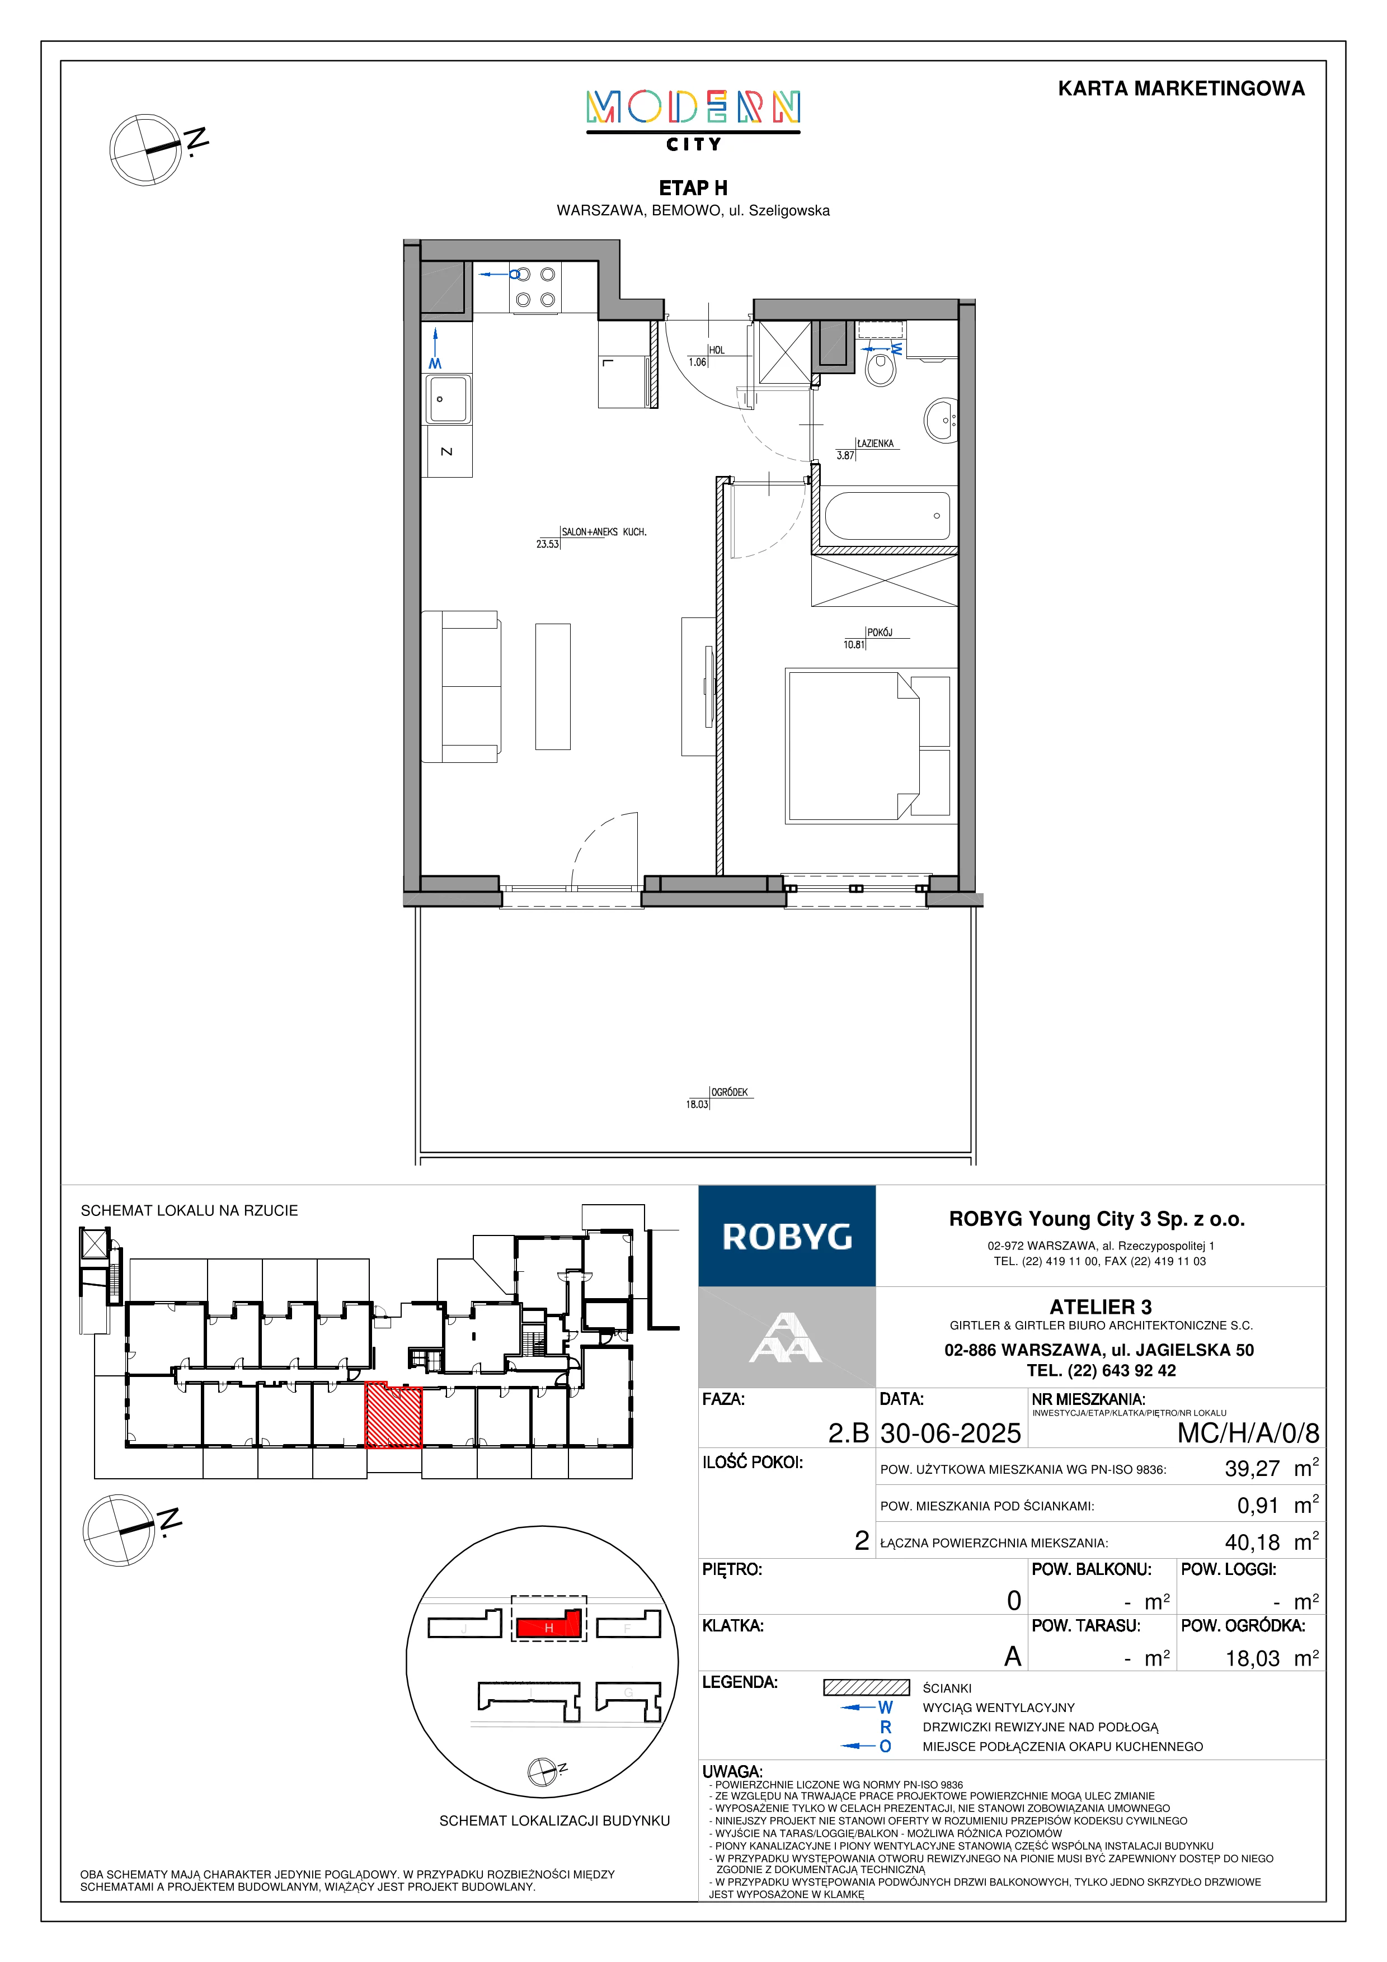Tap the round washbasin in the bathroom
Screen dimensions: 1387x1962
[941, 419]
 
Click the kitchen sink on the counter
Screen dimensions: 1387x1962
[448, 399]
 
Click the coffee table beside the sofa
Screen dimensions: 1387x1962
[553, 686]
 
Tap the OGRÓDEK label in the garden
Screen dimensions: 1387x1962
[730, 1092]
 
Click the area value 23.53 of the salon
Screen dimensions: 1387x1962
[547, 544]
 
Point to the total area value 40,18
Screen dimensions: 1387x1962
[1253, 1543]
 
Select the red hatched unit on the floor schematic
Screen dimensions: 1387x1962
[394, 1416]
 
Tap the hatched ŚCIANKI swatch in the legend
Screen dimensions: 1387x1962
[867, 1688]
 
